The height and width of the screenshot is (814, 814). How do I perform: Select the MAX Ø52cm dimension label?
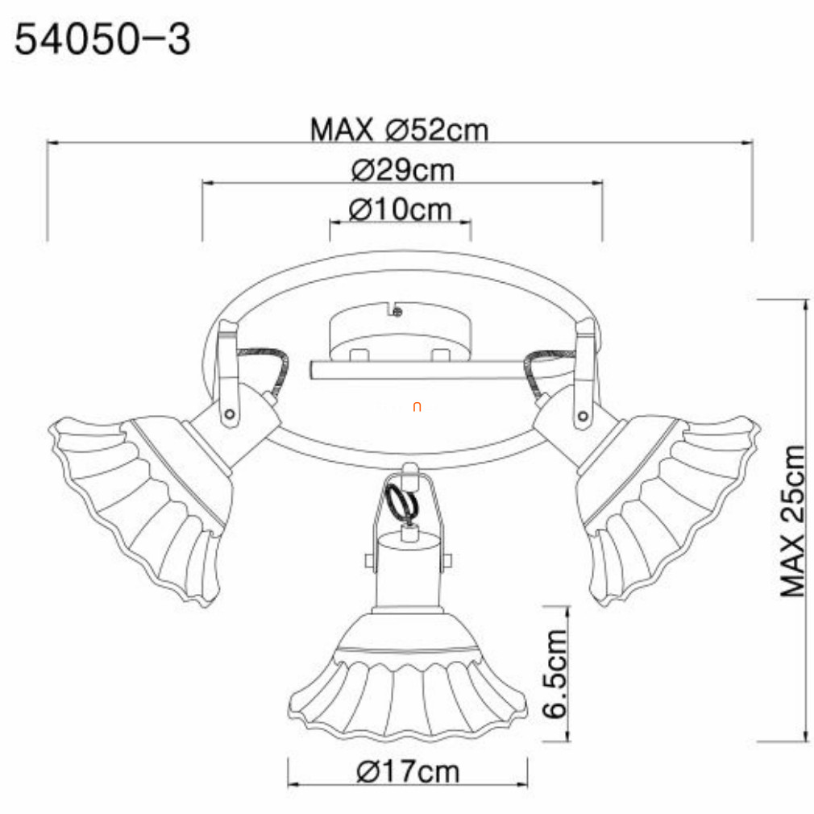click(399, 130)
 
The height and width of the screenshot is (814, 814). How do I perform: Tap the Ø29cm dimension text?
click(402, 170)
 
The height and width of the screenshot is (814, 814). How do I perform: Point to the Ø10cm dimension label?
click(400, 210)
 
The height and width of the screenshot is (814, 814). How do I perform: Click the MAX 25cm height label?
click(793, 521)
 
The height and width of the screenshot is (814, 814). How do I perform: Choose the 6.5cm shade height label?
click(554, 673)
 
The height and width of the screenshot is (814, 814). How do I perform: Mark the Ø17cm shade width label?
click(408, 772)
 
